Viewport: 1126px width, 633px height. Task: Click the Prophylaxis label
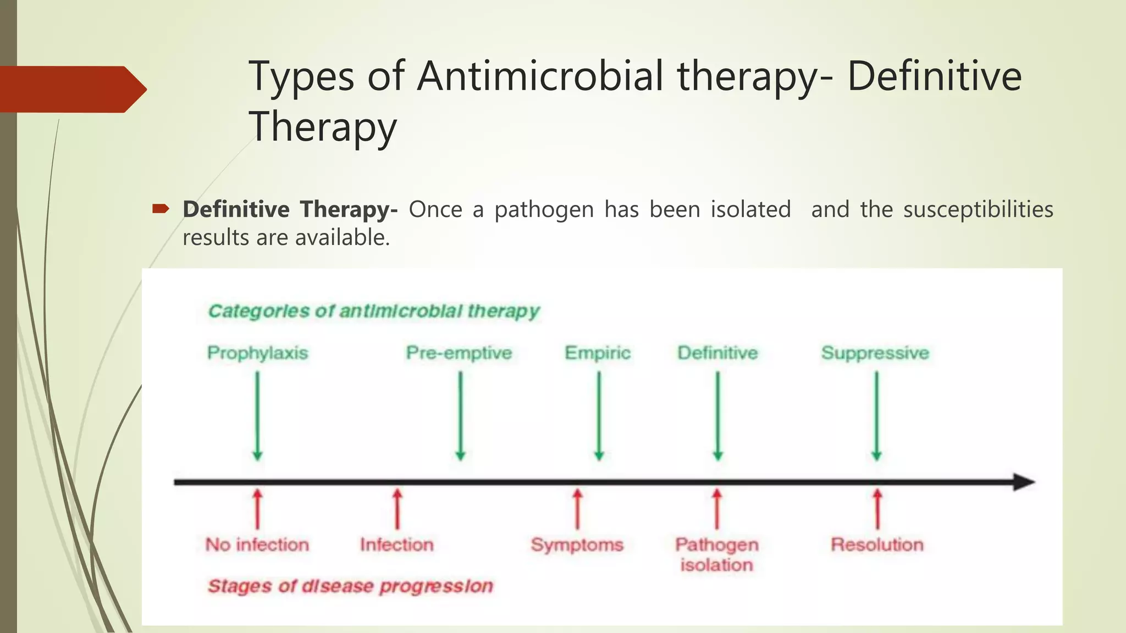(x=257, y=353)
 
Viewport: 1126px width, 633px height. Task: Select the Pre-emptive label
(x=459, y=353)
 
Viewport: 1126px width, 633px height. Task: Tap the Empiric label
(x=598, y=353)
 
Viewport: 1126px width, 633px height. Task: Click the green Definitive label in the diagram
(x=717, y=353)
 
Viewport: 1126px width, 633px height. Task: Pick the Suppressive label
(x=875, y=353)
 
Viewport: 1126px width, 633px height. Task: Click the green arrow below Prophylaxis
(x=257, y=416)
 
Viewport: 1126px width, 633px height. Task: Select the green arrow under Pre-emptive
(x=461, y=416)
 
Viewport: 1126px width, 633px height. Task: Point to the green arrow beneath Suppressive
(x=876, y=416)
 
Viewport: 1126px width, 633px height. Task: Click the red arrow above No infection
(x=257, y=509)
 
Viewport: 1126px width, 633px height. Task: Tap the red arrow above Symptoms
(x=577, y=509)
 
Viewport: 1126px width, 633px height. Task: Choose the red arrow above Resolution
(x=877, y=509)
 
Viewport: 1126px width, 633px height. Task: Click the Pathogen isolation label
(x=717, y=554)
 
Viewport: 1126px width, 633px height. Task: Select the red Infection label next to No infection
(x=397, y=545)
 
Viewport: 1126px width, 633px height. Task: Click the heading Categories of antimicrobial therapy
(x=374, y=311)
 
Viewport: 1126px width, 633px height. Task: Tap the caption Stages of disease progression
(x=350, y=586)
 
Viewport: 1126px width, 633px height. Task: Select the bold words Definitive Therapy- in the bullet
(x=290, y=210)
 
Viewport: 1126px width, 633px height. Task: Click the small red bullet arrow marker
(x=161, y=208)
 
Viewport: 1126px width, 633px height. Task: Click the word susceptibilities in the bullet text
(x=978, y=210)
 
